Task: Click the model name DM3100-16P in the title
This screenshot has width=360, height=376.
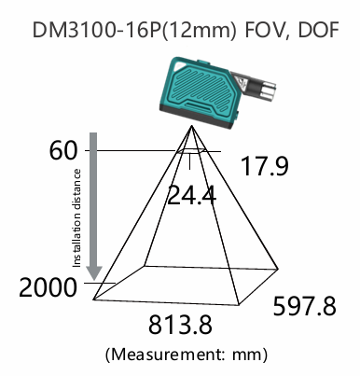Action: click(x=97, y=30)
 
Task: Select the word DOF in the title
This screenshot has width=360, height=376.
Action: click(x=318, y=30)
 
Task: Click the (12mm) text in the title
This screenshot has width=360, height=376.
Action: click(x=199, y=31)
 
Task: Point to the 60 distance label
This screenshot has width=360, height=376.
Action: click(x=62, y=151)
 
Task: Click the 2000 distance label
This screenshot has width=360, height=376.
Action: click(x=48, y=287)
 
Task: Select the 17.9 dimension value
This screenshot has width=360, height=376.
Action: click(x=265, y=166)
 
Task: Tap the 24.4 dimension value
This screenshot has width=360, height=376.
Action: click(x=191, y=195)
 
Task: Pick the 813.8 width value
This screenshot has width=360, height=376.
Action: click(x=180, y=325)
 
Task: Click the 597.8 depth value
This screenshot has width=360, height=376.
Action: click(x=305, y=306)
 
